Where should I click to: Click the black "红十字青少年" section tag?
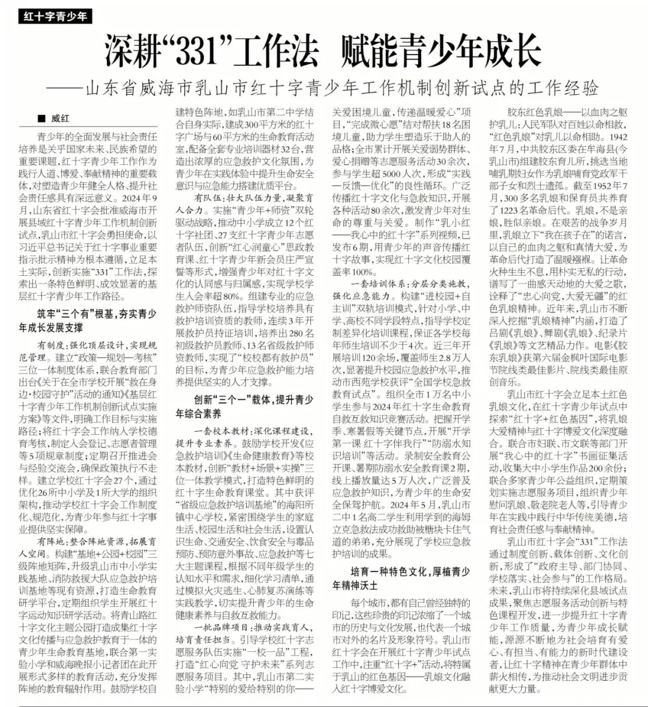click(55, 16)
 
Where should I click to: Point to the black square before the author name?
click(41, 119)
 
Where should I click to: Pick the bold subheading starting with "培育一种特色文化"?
click(402, 580)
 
